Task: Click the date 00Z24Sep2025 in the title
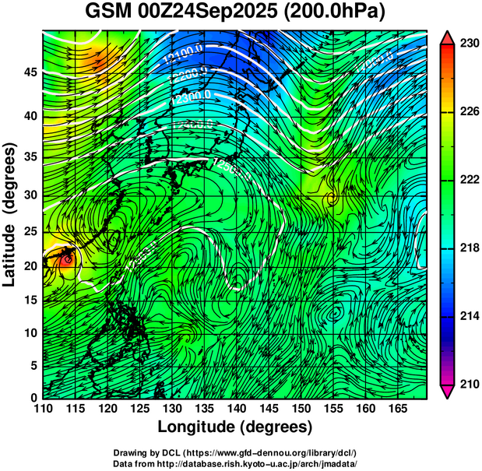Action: [x=213, y=13]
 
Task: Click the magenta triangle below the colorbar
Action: [x=448, y=392]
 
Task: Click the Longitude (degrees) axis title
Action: [x=235, y=427]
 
